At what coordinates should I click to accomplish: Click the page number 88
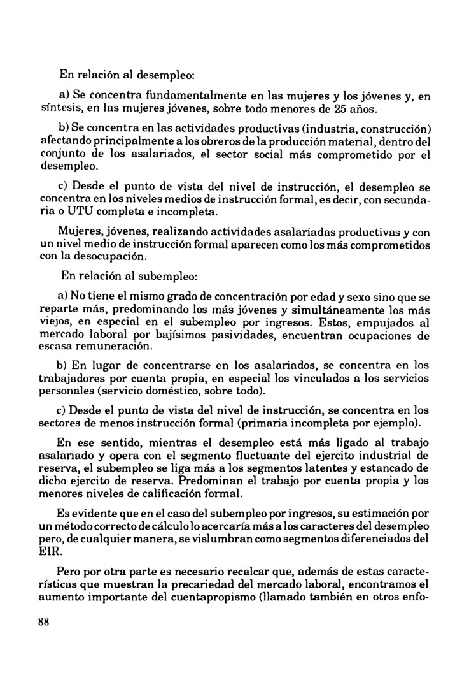pyautogui.click(x=44, y=623)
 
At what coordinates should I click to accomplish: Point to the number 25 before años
pyautogui.click(x=340, y=109)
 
